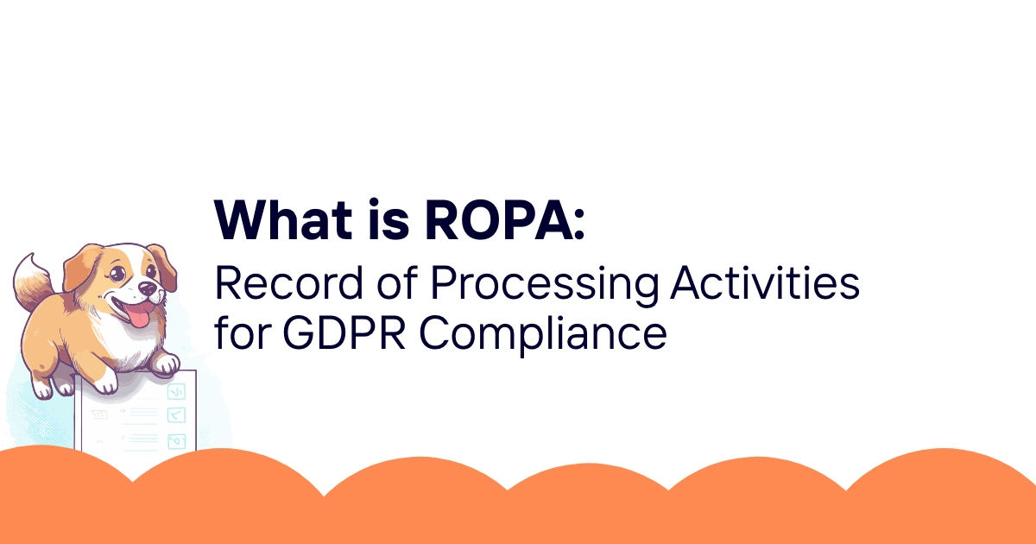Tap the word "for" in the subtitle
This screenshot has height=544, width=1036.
241,332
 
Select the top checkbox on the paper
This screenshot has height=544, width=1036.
178,392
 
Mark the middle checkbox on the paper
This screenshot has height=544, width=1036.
178,414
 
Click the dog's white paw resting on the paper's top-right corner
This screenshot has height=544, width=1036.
165,363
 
